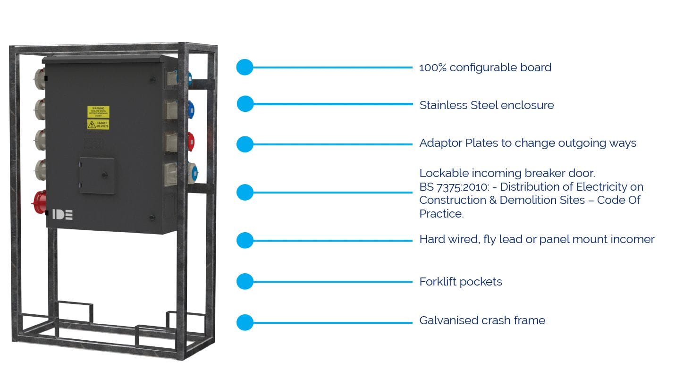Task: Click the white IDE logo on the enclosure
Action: [62, 214]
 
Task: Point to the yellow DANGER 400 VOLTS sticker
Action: [98, 125]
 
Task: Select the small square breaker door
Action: [97, 176]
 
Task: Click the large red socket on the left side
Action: [39, 202]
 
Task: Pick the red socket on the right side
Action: [190, 141]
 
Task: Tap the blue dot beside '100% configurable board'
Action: [245, 67]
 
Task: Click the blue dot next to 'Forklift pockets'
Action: [245, 282]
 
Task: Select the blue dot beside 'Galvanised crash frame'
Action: [245, 323]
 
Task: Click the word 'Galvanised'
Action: [448, 320]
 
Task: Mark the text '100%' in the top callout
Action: [432, 67]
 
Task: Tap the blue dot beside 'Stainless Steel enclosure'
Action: [245, 104]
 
